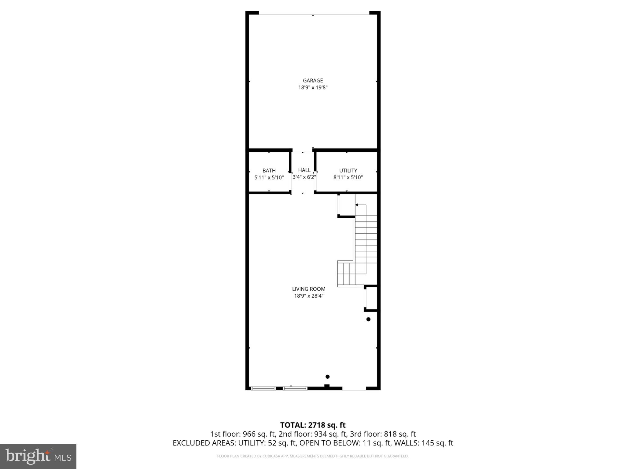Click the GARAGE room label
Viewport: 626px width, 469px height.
coord(313,81)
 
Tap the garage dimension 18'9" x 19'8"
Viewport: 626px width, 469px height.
coord(313,88)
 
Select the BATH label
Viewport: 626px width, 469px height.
coord(269,171)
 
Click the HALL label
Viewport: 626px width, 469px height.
coord(304,170)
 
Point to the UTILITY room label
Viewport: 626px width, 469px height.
coord(348,171)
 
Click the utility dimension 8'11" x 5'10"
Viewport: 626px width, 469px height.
coord(348,177)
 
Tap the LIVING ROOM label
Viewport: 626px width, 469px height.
coord(308,289)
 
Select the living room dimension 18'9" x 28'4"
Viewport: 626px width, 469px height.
coord(308,296)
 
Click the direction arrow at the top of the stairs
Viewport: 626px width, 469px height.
coord(357,205)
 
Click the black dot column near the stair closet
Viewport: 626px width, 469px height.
coord(368,319)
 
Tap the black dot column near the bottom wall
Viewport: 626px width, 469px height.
coord(327,376)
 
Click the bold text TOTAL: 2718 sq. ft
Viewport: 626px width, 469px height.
coord(313,425)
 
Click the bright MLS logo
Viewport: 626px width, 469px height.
coord(38,456)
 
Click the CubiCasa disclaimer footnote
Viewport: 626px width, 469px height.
coord(313,456)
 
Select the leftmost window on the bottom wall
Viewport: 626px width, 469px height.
coord(263,388)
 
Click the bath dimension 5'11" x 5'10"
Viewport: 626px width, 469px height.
coord(269,177)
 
